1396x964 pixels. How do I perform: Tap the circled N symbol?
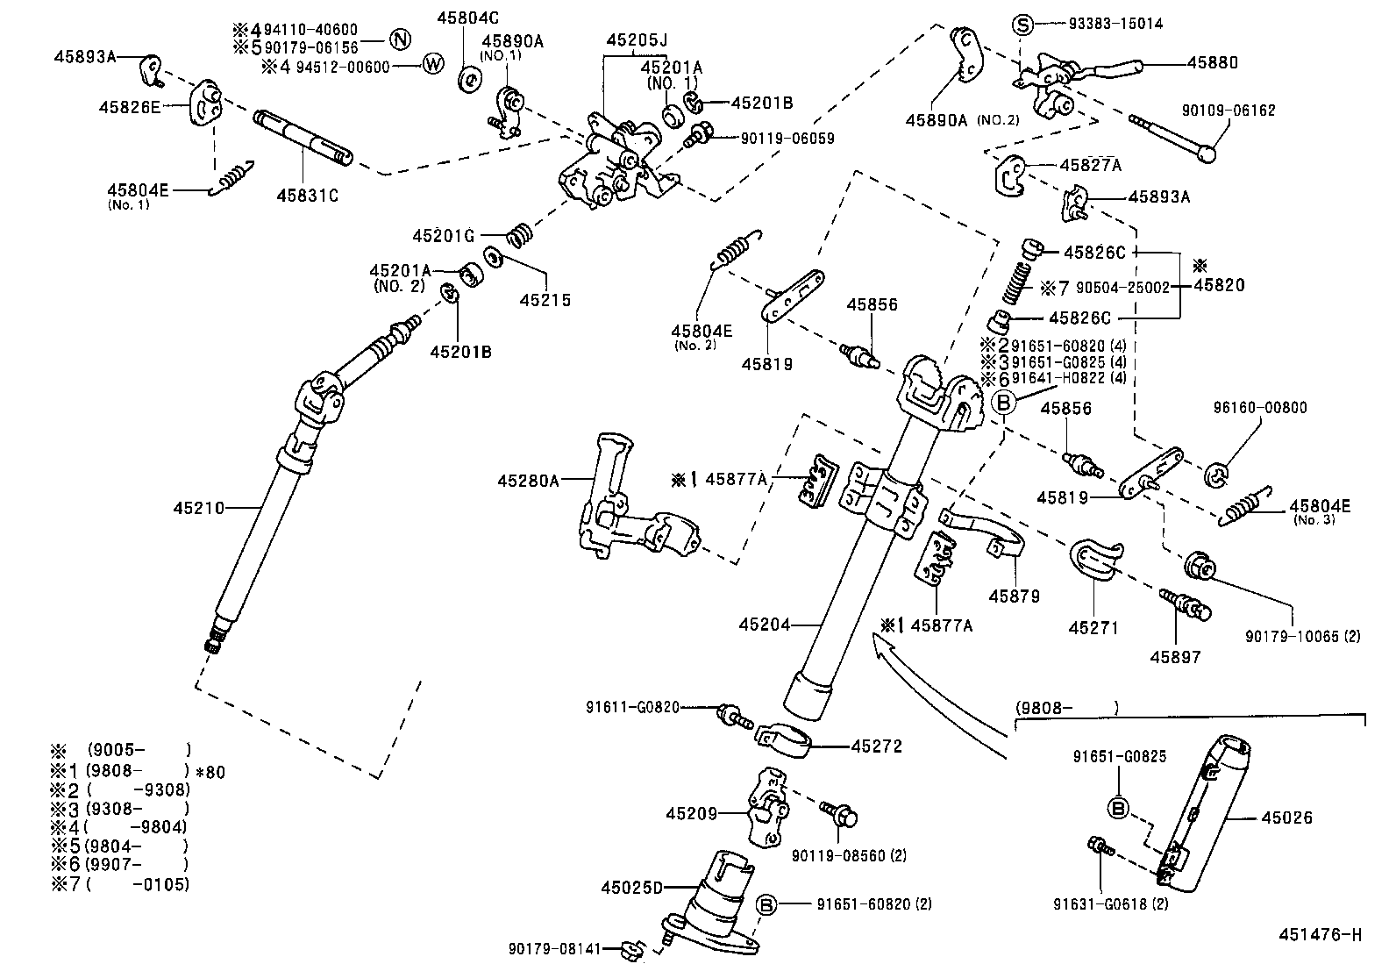400,39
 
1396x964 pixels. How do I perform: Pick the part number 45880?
1213,62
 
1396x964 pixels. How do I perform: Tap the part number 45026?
1286,818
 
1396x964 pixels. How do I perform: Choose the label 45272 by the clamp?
876,746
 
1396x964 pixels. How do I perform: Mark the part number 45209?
691,813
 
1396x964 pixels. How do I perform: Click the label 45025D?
632,887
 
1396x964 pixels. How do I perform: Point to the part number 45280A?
528,480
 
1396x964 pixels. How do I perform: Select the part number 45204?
764,625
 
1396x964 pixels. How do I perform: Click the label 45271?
1094,627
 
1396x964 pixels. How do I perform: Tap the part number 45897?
1176,656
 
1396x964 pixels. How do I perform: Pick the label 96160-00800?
1260,407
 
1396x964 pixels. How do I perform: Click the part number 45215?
545,300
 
